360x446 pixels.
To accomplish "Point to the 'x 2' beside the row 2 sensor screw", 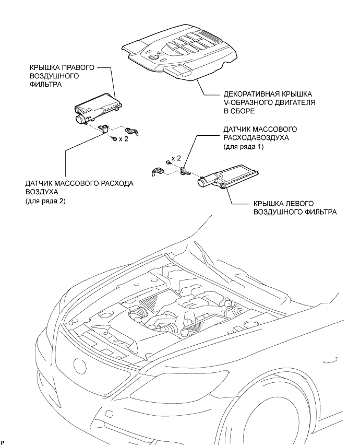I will pos(123,139).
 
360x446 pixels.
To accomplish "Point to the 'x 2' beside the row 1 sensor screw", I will pos(176,157).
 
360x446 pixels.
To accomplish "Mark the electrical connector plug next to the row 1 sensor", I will pos(155,172).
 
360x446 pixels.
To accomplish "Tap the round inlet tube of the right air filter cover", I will pos(80,121).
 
